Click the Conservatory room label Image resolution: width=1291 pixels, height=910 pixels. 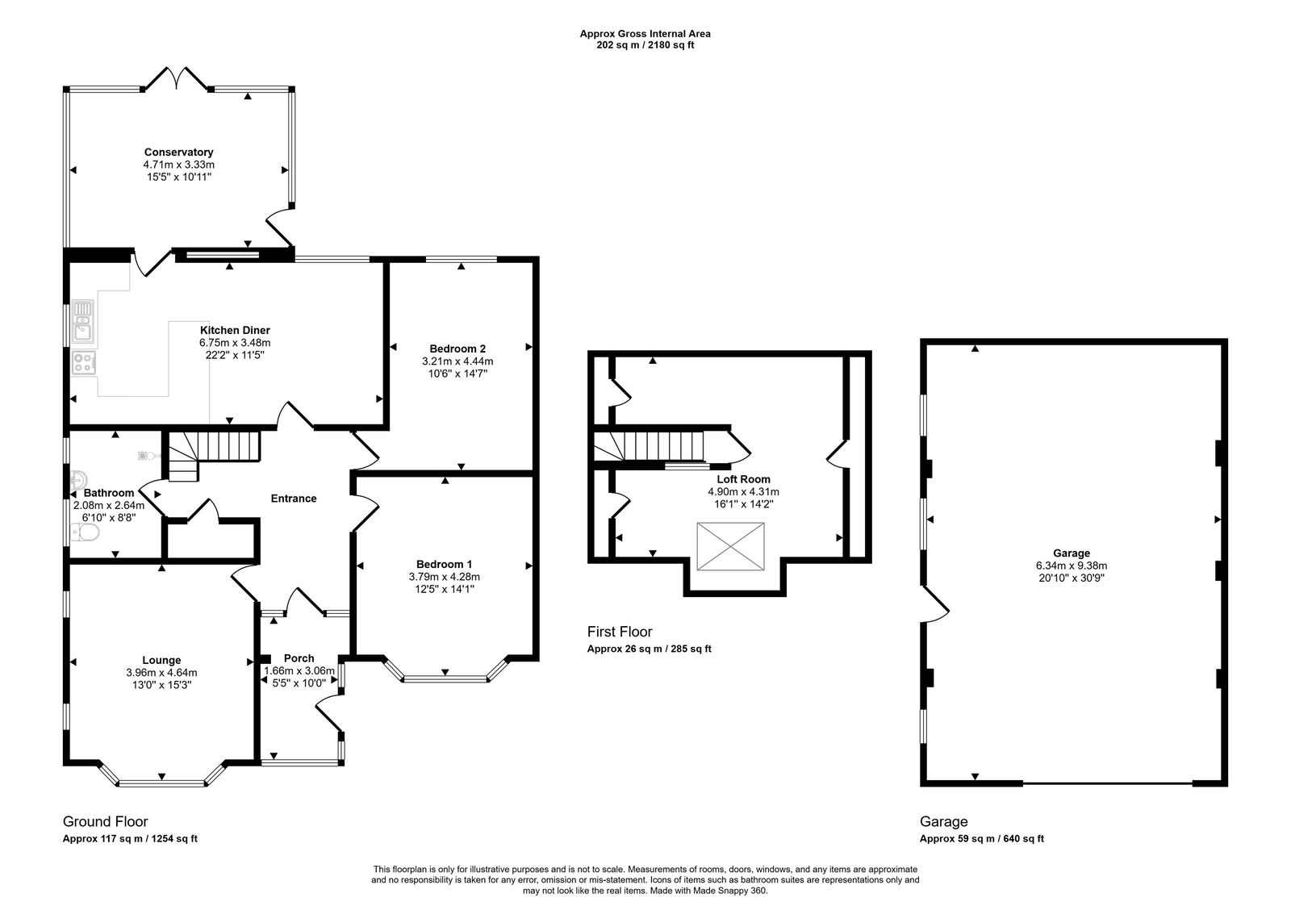178,152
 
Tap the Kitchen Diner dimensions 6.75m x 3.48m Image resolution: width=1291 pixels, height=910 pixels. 235,342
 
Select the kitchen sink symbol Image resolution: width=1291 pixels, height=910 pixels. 83,319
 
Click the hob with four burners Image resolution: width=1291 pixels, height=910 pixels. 83,363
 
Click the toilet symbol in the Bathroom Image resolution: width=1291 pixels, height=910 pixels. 84,532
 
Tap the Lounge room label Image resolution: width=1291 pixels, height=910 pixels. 161,660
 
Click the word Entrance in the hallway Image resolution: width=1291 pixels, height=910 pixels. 294,499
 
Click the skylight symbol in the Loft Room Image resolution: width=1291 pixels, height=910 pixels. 730,546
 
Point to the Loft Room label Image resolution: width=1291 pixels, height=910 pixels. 743,479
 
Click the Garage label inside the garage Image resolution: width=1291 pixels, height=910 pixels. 1072,553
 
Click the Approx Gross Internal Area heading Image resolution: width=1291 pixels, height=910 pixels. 645,34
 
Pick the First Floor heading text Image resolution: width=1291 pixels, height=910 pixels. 620,632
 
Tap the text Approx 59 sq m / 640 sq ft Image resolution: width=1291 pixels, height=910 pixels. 981,838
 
